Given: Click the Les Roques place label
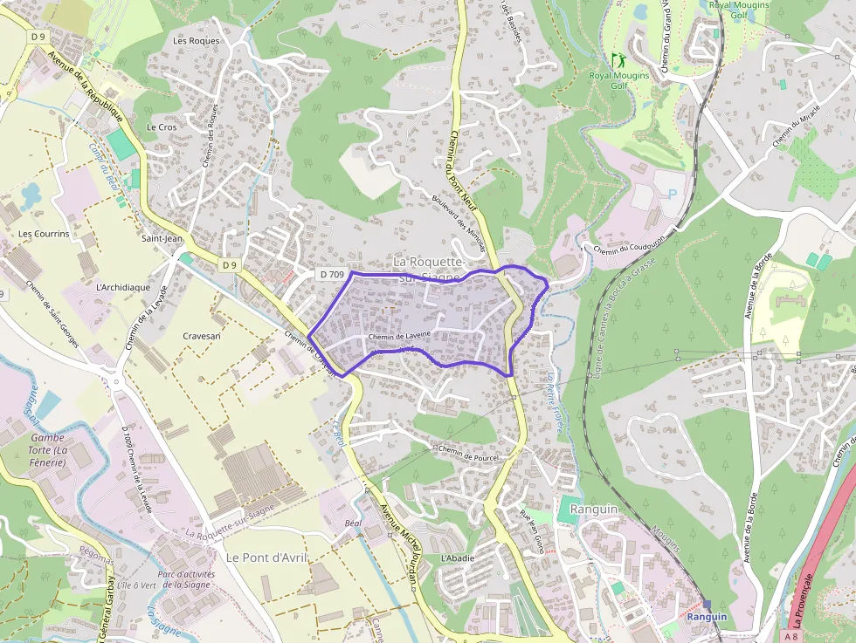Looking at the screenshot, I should coord(197,40).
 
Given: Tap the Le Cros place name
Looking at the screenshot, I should coord(162,127).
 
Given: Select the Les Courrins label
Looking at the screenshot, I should coord(44,234).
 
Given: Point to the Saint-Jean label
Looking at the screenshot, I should coord(162,237).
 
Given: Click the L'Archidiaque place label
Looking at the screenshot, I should coord(123,287).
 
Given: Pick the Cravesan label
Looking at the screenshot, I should coord(202,335).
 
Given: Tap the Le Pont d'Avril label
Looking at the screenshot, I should coord(267,557).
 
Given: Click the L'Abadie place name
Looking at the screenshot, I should coord(458,557).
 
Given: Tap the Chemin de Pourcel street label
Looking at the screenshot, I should coord(468,455).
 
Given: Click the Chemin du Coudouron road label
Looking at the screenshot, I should coord(629,243).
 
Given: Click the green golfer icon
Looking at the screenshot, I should coord(618,61).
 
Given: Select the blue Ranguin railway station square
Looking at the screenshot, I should coord(707,605).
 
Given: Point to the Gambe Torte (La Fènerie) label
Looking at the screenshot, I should coord(48,449).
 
